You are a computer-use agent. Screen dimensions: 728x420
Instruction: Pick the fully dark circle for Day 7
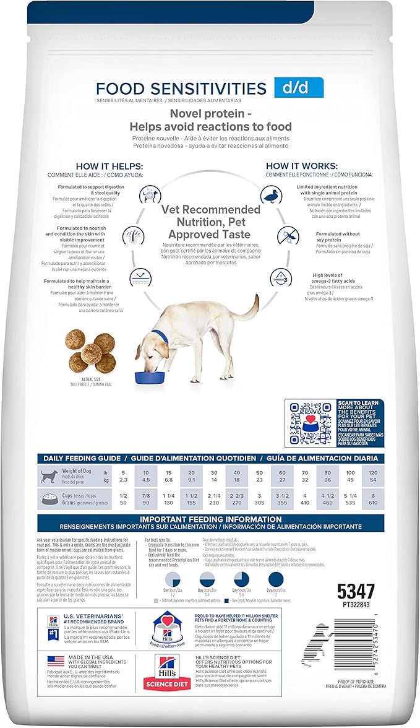pos(276,579)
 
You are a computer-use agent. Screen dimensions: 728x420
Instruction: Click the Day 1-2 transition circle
pos(172,579)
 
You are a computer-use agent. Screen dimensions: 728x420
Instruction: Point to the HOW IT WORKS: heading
pos(301,167)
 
